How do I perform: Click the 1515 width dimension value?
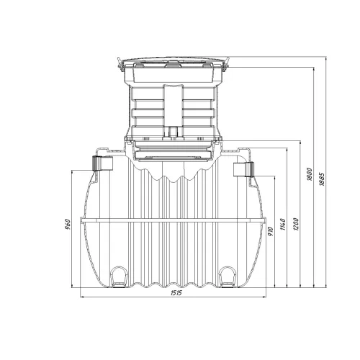[x=176, y=293]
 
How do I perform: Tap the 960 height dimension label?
[x=68, y=224]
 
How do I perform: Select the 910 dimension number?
[x=271, y=231]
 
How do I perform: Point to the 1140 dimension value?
[x=283, y=225]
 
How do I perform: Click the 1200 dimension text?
[x=296, y=225]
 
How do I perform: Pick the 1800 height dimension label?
[x=310, y=174]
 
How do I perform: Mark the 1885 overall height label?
[x=322, y=179]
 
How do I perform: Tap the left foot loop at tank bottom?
[x=119, y=276]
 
